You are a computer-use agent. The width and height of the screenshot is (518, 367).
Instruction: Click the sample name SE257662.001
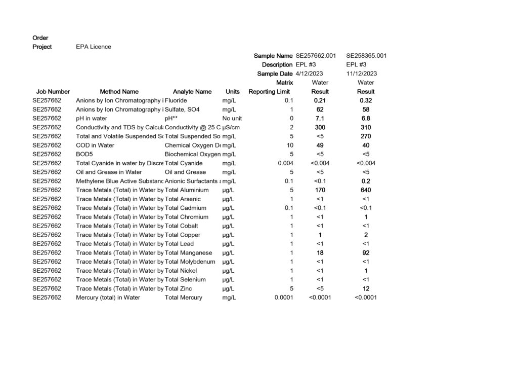click(316, 56)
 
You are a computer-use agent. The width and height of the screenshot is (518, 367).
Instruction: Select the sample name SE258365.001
click(366, 56)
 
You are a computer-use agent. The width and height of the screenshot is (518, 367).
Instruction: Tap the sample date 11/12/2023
click(362, 74)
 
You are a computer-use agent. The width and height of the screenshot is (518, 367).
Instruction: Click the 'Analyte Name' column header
click(192, 92)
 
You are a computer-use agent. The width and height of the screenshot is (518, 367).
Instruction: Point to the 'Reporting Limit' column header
click(269, 92)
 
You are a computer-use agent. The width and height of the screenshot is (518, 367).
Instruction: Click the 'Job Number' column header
click(53, 92)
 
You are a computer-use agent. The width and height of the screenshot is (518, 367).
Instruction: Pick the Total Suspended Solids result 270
click(366, 136)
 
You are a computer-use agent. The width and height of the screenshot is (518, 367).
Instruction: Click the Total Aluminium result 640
click(366, 190)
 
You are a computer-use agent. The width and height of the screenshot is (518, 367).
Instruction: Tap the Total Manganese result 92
click(366, 252)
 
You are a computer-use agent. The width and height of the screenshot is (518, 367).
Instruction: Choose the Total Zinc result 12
click(366, 288)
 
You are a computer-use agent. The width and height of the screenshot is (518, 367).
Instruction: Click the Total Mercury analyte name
click(184, 298)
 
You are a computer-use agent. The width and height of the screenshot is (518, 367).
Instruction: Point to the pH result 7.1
click(320, 119)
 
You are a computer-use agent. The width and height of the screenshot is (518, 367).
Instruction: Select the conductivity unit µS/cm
click(231, 127)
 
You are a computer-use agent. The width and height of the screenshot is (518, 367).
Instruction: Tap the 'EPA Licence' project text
click(94, 47)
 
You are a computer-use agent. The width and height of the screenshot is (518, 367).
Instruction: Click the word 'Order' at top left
click(40, 38)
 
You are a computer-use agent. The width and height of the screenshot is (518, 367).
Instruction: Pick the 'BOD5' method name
click(84, 154)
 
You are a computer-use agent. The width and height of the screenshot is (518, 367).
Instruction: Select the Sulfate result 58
click(366, 109)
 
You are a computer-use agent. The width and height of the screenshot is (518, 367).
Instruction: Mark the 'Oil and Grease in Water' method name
click(109, 172)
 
